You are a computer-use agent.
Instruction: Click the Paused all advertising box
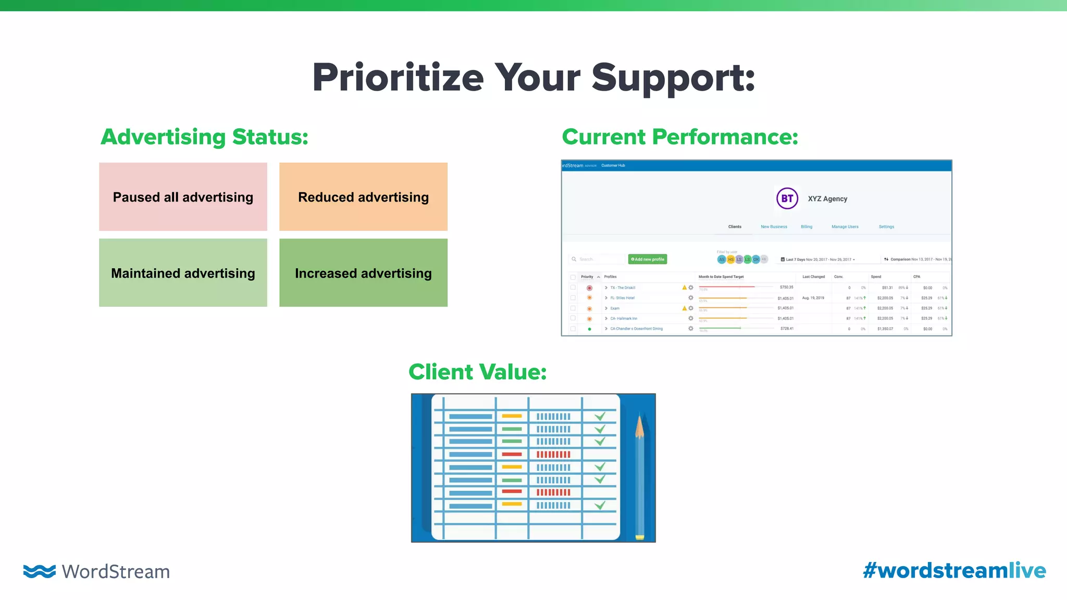point(183,197)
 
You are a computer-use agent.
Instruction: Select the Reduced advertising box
point(363,197)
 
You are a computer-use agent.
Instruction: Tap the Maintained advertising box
point(183,273)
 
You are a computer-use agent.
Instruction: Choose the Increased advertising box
point(363,273)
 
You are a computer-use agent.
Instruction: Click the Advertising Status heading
point(204,137)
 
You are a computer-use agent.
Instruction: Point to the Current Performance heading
point(679,137)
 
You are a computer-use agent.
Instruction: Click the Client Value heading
point(477,372)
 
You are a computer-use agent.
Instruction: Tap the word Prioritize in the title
point(398,78)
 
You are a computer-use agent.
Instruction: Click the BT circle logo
point(787,198)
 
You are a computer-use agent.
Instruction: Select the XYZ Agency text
point(827,199)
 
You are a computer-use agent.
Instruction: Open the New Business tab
point(774,227)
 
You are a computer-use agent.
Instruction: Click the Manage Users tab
point(845,227)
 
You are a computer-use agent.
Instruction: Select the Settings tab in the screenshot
point(886,227)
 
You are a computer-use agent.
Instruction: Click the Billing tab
point(807,227)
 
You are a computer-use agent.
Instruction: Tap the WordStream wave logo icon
point(40,571)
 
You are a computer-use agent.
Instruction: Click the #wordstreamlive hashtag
point(954,571)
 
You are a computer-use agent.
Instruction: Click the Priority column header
point(587,277)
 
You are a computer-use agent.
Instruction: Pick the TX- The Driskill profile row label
point(623,287)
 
